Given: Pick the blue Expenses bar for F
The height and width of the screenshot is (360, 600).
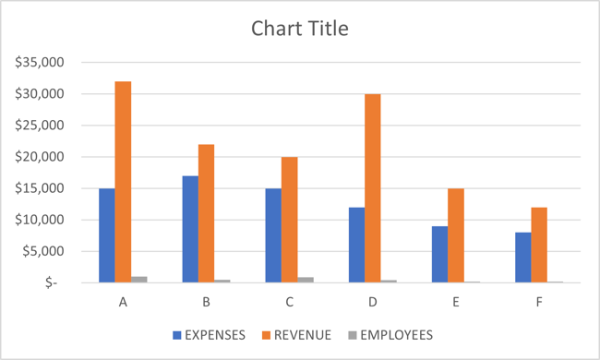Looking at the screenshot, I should click(x=522, y=258).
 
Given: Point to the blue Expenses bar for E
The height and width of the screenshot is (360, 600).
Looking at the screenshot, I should click(x=439, y=254).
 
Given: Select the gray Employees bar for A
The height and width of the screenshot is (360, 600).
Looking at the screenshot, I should click(x=139, y=279).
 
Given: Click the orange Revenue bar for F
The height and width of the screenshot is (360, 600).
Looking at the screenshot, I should click(x=539, y=245).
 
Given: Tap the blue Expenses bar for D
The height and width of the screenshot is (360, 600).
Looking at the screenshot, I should click(x=356, y=245).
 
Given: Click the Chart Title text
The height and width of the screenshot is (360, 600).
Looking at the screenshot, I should click(x=300, y=29).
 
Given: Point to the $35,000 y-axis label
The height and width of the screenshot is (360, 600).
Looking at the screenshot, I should click(x=39, y=63).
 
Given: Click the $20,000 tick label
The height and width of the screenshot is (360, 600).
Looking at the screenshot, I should click(x=39, y=157).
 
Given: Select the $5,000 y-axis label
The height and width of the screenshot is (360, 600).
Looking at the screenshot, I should click(x=42, y=251).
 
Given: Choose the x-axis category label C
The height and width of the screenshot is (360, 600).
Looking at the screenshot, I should click(x=289, y=301).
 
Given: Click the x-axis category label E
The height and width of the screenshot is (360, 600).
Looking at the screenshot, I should click(x=456, y=301).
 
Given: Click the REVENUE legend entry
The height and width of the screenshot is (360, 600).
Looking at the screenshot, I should click(x=300, y=335).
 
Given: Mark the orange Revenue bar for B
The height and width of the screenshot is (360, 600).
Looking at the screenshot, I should click(x=206, y=213).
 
